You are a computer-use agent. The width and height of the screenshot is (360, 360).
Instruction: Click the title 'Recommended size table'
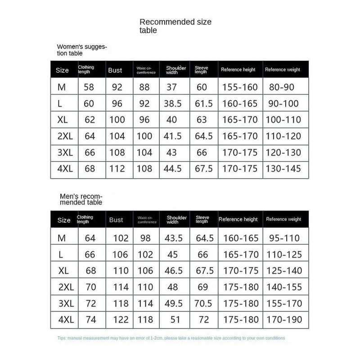175,26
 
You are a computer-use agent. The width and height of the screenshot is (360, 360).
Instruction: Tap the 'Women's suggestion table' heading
81,49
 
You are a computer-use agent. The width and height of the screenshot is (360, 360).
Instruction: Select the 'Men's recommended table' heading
81,199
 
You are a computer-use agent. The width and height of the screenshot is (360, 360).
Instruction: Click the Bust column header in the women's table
115,70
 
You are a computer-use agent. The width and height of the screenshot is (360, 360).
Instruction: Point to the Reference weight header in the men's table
283,220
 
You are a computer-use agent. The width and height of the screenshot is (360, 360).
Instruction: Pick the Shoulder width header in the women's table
175,70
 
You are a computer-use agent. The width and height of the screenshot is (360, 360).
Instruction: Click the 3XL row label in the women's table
65,153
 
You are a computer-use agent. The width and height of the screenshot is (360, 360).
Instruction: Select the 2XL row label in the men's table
65,287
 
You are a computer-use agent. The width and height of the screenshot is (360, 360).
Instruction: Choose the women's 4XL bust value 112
117,169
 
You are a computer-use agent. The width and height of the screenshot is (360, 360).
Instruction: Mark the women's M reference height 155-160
240,87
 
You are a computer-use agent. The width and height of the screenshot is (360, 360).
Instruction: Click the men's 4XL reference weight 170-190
284,319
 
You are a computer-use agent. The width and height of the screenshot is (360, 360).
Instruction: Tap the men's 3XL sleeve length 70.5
203,303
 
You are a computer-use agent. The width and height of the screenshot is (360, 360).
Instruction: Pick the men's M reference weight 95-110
284,238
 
